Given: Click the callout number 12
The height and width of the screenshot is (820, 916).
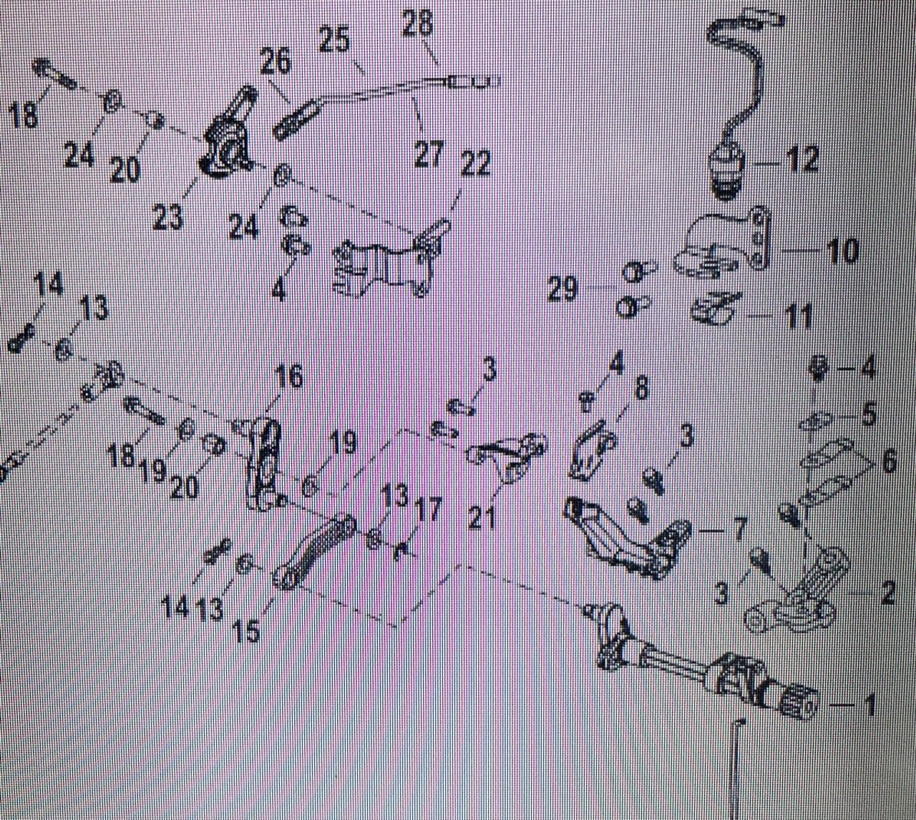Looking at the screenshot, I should tap(802, 160).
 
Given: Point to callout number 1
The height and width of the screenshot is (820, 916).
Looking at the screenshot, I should tap(869, 707).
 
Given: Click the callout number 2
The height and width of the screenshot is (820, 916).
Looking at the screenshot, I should tap(887, 592).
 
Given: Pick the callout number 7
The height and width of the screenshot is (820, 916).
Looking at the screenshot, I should tap(738, 531).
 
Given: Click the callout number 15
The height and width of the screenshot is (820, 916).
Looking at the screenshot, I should tap(248, 631).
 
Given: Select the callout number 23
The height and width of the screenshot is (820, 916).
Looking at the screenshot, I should tap(167, 216).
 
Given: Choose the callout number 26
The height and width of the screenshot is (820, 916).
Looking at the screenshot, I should tap(276, 63).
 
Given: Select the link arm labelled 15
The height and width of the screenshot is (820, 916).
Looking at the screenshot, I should tap(311, 551).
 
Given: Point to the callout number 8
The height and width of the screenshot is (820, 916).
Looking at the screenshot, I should tap(640, 390).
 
